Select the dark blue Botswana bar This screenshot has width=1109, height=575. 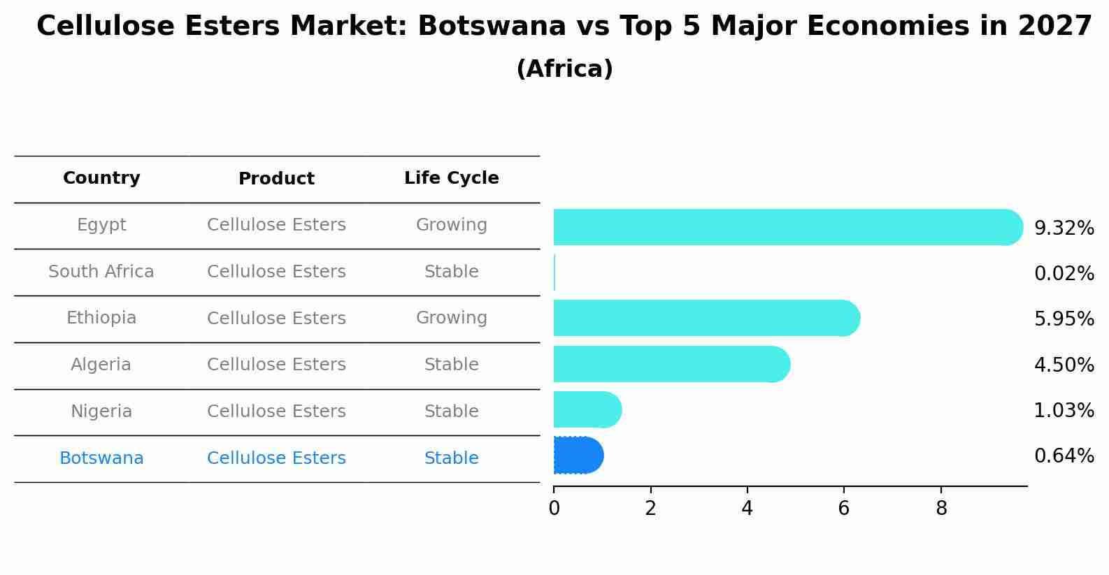(x=578, y=456)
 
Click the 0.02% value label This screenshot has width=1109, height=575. (x=1064, y=274)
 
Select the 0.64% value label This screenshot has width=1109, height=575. (x=1064, y=456)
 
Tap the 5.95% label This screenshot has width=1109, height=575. (x=1064, y=319)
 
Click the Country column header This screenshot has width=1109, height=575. (x=101, y=178)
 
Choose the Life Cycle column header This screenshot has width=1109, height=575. (x=451, y=178)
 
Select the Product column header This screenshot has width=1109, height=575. (x=276, y=179)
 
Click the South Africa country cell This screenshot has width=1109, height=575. (x=101, y=272)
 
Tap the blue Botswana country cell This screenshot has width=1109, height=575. (x=101, y=458)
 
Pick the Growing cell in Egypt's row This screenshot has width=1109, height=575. (x=451, y=225)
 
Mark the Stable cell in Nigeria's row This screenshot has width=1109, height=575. (x=451, y=412)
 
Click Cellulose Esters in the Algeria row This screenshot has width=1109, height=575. (x=276, y=365)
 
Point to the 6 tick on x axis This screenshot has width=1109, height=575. (x=844, y=508)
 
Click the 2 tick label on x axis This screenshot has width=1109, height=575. (x=650, y=508)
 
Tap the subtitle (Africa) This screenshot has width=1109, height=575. (x=564, y=69)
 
